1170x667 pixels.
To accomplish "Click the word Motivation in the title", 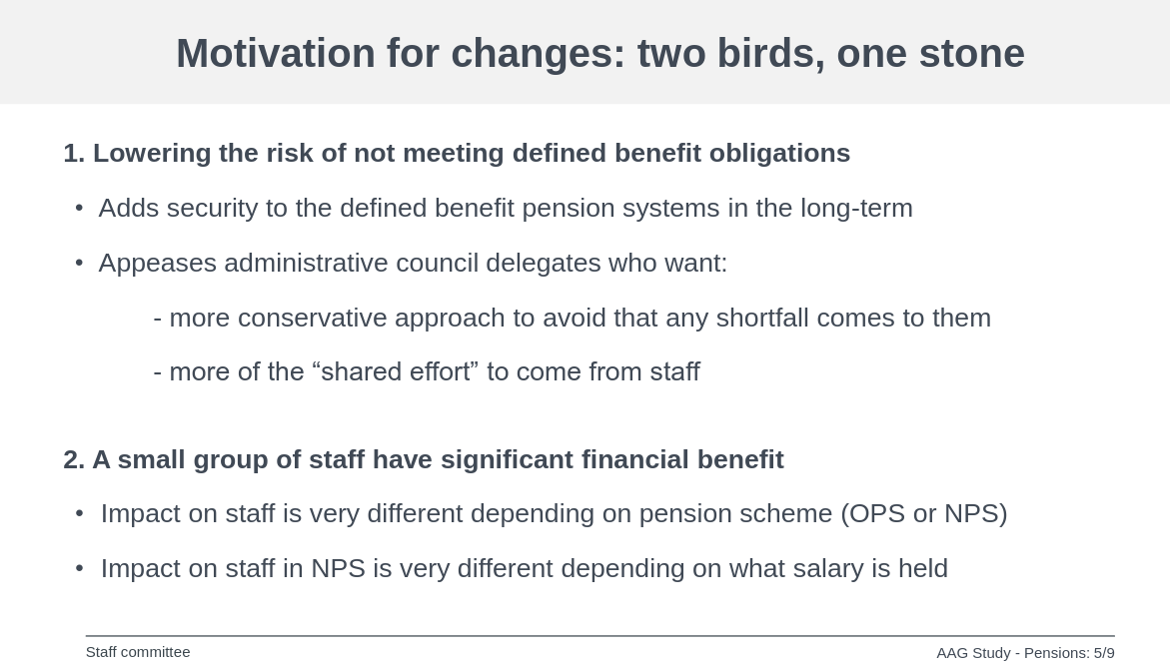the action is [276, 53].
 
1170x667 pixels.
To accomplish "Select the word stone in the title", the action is [971, 53].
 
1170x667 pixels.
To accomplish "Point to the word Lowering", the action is [152, 153].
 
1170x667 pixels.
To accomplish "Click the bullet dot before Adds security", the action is [80, 208].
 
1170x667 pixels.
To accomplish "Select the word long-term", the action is [856, 208].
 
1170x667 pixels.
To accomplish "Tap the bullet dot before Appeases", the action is [80, 264].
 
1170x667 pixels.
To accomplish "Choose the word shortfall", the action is [762, 318].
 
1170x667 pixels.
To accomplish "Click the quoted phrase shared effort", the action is [396, 371].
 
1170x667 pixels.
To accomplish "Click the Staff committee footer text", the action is [138, 652].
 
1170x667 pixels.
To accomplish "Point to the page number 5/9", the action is [1104, 653].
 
